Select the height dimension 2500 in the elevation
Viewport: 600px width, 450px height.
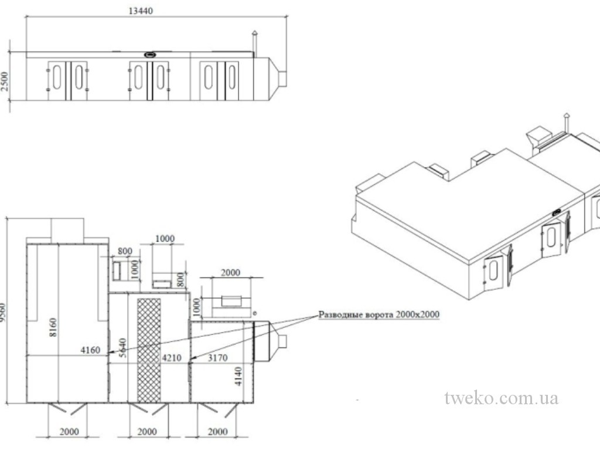(5, 82)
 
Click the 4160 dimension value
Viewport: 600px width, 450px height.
(90, 350)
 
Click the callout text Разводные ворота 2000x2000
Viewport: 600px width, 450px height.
(379, 314)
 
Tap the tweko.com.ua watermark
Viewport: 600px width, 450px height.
(501, 398)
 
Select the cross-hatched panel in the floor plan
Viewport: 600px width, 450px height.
(148, 349)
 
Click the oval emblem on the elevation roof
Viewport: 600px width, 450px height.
(151, 54)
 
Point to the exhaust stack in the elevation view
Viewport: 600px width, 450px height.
(254, 41)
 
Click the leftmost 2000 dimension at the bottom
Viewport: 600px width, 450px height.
(69, 431)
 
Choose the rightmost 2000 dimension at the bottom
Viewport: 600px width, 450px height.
(217, 431)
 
